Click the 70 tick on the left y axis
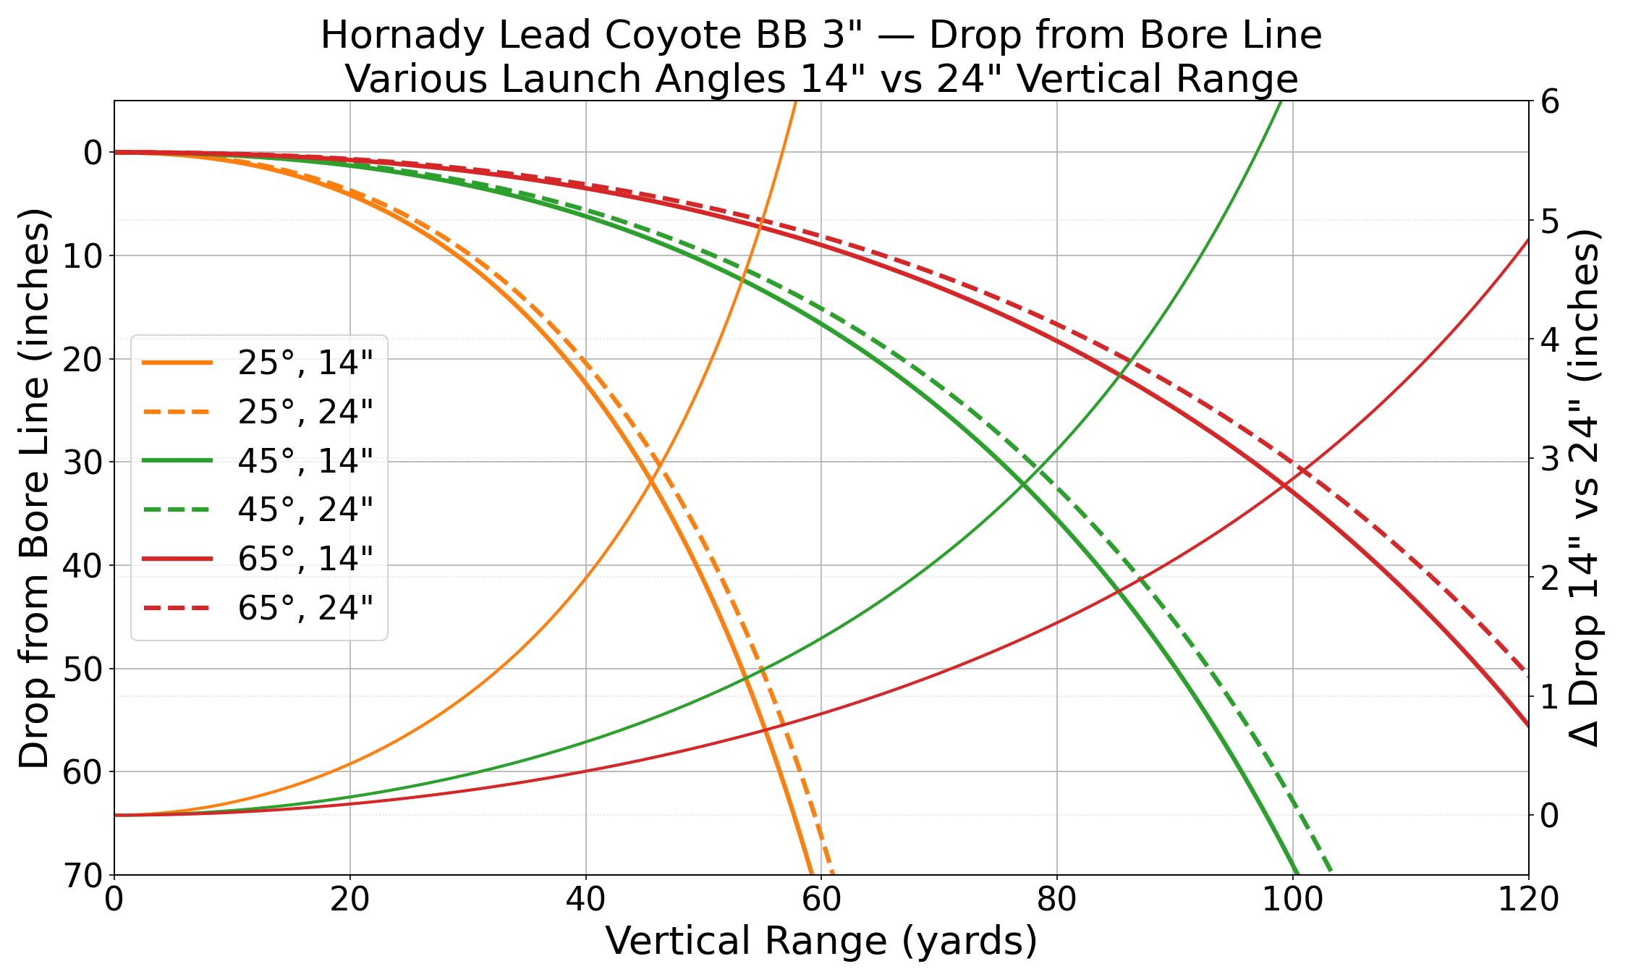pyautogui.click(x=84, y=876)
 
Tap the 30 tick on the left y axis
pyautogui.click(x=84, y=462)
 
